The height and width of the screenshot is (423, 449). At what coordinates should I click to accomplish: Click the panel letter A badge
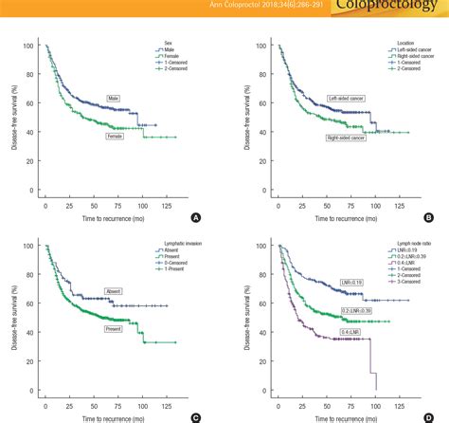click(195, 217)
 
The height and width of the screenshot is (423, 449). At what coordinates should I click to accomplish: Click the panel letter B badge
click(427, 217)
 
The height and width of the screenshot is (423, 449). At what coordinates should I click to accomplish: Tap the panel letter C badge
click(195, 415)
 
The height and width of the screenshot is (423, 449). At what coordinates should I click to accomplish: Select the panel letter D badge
click(427, 415)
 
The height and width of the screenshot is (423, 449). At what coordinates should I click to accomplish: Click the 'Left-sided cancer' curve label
click(348, 98)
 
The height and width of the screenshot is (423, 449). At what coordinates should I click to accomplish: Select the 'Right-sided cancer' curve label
click(348, 138)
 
